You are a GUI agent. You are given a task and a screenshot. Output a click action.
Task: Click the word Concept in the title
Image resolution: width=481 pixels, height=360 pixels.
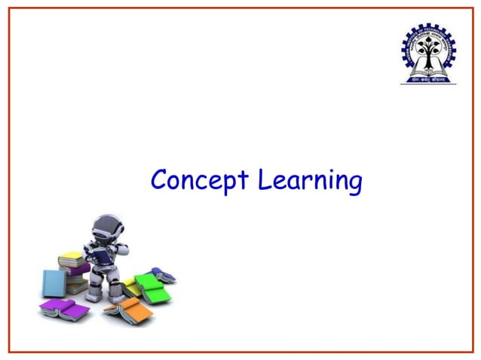[201, 182]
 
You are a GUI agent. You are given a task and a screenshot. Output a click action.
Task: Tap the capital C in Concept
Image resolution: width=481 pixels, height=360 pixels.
[159, 181]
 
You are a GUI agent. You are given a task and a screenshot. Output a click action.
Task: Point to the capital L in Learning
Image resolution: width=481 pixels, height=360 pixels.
[264, 180]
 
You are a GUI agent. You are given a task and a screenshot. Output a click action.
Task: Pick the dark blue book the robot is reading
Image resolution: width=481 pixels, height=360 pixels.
[100, 255]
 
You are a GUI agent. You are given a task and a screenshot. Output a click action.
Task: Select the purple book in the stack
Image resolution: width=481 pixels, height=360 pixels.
[75, 268]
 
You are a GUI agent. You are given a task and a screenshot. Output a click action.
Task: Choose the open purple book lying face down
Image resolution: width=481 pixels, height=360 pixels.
[63, 307]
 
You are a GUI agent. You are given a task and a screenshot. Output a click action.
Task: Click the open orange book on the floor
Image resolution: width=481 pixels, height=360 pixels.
[127, 307]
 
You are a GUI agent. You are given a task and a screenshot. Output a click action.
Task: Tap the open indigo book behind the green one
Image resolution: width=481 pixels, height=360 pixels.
[162, 274]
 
